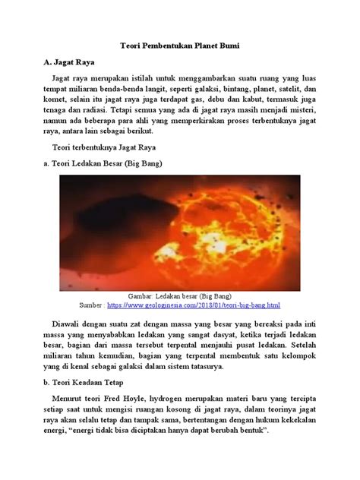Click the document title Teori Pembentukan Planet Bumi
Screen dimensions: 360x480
click(x=180, y=46)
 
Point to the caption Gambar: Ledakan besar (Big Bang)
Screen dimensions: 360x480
click(x=180, y=295)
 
